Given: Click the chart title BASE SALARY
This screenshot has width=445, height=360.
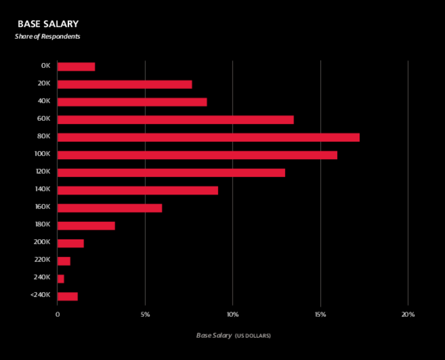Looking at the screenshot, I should (48, 24).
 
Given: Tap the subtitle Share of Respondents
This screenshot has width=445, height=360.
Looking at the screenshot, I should (47, 37).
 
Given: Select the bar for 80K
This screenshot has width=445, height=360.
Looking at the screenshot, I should (208, 137).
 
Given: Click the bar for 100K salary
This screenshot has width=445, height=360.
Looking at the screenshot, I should (197, 155).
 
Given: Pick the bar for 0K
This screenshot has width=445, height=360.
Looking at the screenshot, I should (76, 67).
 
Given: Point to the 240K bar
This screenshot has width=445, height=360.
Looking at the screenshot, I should (61, 279).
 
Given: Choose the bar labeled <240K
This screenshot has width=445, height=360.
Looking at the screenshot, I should (67, 296).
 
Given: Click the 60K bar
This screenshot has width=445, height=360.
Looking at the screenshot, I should (175, 120).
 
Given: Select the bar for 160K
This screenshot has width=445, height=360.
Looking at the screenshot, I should (110, 208).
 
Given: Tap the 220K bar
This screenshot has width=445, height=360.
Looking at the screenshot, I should (63, 261).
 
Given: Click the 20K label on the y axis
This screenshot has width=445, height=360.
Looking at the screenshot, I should (44, 84).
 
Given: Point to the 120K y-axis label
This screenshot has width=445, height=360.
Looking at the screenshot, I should (43, 172).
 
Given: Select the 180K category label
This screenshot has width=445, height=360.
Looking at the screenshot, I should (43, 225).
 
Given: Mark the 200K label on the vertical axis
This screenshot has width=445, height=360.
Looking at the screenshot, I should (43, 243).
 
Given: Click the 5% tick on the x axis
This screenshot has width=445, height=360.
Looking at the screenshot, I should (145, 315).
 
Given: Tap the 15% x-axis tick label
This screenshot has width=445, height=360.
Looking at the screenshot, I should (320, 315).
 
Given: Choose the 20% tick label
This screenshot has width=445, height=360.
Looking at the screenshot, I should (408, 315).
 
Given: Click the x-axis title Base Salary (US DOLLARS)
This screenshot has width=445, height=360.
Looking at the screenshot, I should (233, 336).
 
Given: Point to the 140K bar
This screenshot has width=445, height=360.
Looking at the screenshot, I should (137, 190).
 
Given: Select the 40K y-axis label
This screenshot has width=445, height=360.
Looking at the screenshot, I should (44, 102).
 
